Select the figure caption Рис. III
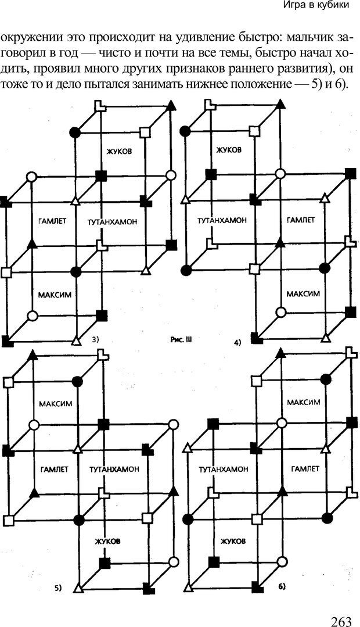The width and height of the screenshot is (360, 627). [x=181, y=341]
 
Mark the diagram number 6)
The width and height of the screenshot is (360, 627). [x=281, y=587]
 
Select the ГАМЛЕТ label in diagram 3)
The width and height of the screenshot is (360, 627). [x=52, y=221]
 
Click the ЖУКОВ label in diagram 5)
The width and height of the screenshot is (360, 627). [x=108, y=541]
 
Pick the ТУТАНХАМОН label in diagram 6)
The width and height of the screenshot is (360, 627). [x=223, y=469]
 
